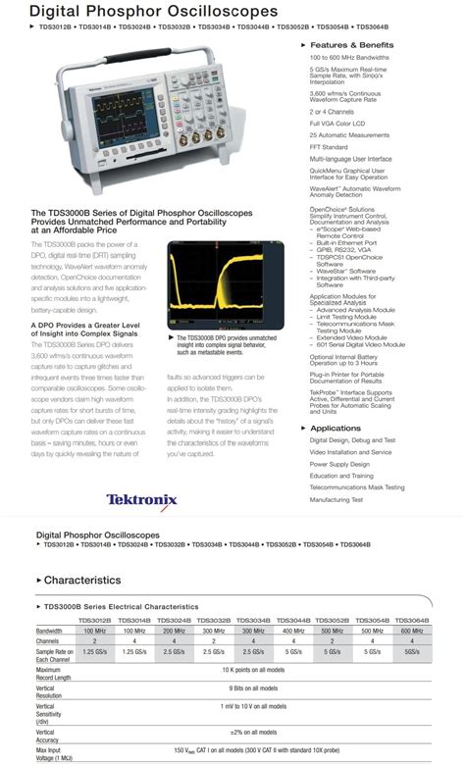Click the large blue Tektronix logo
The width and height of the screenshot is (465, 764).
(x=141, y=499)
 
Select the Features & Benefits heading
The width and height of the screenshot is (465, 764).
(x=351, y=46)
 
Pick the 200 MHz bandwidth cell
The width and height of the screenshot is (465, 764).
(x=175, y=631)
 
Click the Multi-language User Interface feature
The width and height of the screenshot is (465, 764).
(x=351, y=158)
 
